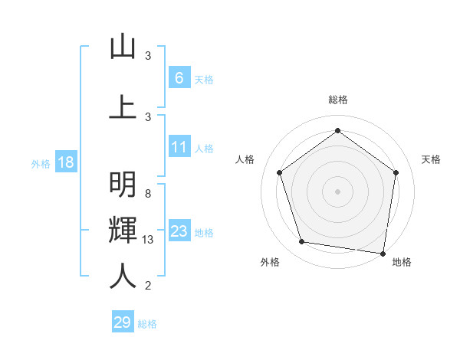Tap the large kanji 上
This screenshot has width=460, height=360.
tap(123, 106)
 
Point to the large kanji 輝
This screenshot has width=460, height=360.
tap(123, 231)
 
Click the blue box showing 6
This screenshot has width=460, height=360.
tap(179, 78)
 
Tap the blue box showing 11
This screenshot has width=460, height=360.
tap(179, 147)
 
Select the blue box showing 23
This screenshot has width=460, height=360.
tap(179, 231)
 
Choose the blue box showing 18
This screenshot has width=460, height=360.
tap(65, 163)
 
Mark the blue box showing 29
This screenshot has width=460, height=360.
tap(123, 322)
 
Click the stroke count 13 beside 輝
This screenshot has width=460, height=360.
tap(148, 241)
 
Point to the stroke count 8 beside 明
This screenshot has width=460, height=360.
tap(147, 193)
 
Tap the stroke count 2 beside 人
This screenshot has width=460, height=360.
tap(147, 286)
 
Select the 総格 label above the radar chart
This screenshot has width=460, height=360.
tap(337, 100)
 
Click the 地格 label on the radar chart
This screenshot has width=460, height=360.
tap(402, 262)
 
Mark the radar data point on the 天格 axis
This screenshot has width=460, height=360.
tap(396, 172)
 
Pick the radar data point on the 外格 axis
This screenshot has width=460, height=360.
tap(302, 242)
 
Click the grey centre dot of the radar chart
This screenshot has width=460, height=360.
tap(337, 191)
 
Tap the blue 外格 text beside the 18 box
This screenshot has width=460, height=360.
tap(40, 164)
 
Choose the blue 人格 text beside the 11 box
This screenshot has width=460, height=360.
tap(204, 148)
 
